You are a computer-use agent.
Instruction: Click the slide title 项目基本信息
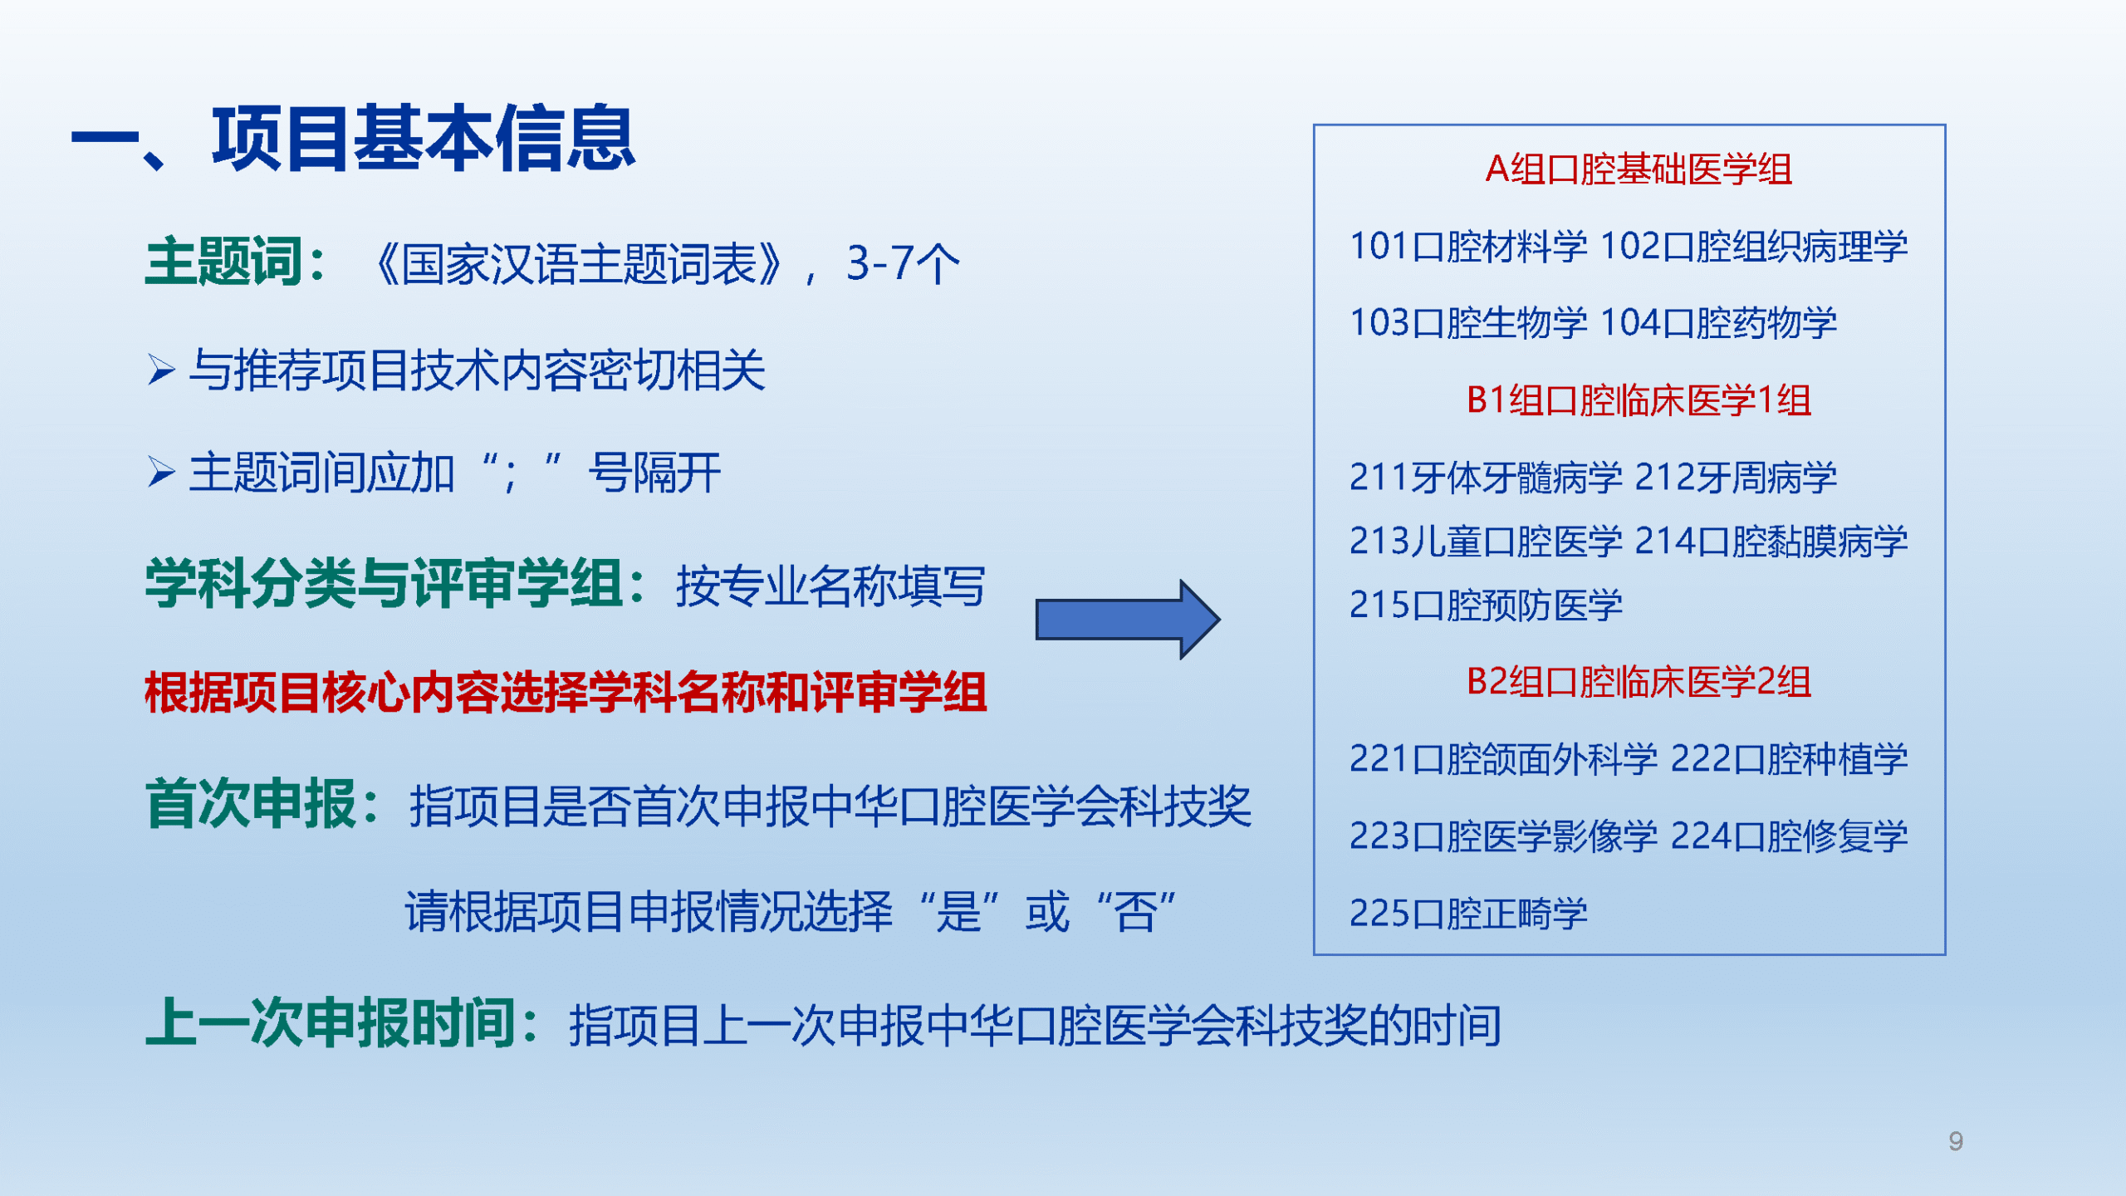[424, 139]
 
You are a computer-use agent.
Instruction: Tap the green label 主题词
[223, 262]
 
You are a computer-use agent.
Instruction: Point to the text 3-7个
[903, 263]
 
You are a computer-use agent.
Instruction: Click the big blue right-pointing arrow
[1128, 620]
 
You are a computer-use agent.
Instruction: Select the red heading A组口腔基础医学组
[1639, 169]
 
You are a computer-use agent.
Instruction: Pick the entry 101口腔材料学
[1468, 247]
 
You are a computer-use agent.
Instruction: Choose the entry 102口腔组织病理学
[1753, 247]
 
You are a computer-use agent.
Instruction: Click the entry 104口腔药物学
[1718, 323]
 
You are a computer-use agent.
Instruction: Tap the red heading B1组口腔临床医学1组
[1639, 400]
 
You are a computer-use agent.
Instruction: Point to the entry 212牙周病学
[1736, 478]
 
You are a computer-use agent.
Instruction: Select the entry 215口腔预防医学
[1486, 605]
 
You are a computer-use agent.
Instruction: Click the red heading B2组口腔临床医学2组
[1639, 682]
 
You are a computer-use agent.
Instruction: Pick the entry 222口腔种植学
[1789, 759]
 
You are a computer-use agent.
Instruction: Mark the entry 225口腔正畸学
[1468, 914]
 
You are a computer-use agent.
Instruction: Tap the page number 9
[1956, 1141]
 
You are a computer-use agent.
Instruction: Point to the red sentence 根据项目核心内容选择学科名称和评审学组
[566, 692]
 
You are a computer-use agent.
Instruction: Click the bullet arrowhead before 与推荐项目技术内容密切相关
[161, 370]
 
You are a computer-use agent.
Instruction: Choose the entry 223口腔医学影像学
[1503, 836]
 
